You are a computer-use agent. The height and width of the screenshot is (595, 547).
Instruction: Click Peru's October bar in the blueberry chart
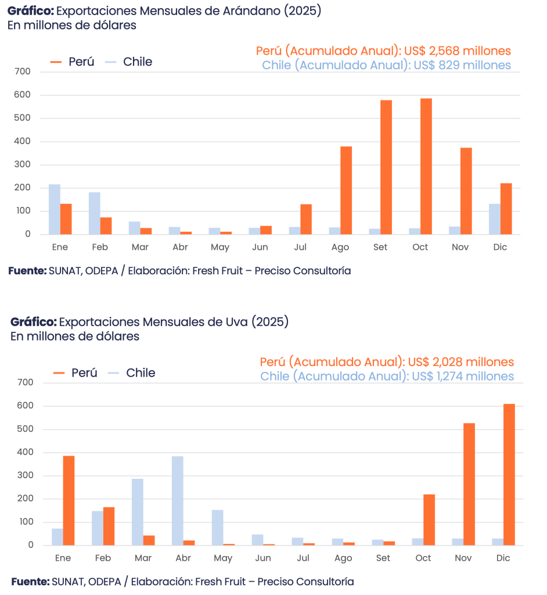(x=426, y=166)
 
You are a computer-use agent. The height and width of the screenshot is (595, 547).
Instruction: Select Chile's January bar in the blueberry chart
(x=54, y=209)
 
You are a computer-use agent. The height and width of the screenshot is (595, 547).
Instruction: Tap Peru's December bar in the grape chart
(x=509, y=474)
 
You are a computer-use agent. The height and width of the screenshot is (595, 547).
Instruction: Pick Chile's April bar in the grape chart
(x=177, y=500)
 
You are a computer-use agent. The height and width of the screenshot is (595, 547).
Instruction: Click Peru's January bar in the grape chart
(x=69, y=500)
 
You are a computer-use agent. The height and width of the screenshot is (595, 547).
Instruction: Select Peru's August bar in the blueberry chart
(x=346, y=190)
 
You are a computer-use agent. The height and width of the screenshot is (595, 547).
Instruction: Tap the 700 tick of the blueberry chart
(x=23, y=71)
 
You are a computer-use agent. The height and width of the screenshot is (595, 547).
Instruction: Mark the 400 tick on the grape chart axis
(x=26, y=452)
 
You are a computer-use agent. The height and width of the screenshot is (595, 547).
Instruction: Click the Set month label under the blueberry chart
(x=380, y=247)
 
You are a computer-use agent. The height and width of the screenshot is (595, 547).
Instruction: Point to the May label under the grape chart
(x=222, y=558)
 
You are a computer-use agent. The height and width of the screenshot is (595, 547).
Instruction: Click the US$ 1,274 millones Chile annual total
(x=462, y=377)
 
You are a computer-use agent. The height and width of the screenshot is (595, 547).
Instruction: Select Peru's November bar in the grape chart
(x=469, y=484)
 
